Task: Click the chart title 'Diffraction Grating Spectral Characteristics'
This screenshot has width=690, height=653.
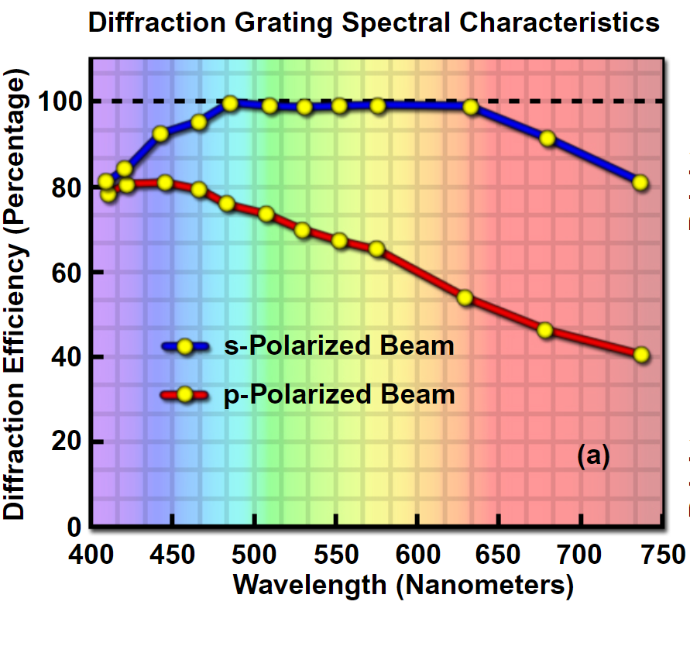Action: (x=374, y=22)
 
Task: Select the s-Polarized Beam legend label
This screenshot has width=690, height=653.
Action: (x=339, y=345)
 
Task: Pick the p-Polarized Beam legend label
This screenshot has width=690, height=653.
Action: (x=339, y=394)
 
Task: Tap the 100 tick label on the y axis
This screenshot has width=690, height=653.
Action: (x=61, y=102)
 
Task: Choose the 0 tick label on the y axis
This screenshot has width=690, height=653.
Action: (x=74, y=528)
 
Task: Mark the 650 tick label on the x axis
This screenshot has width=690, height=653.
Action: (x=499, y=555)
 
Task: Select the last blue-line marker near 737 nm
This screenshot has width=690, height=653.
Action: (x=640, y=183)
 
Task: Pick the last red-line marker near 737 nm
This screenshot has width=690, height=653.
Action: (x=640, y=355)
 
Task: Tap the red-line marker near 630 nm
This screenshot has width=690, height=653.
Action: (x=465, y=298)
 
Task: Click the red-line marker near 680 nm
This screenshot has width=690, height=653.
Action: (x=545, y=331)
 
